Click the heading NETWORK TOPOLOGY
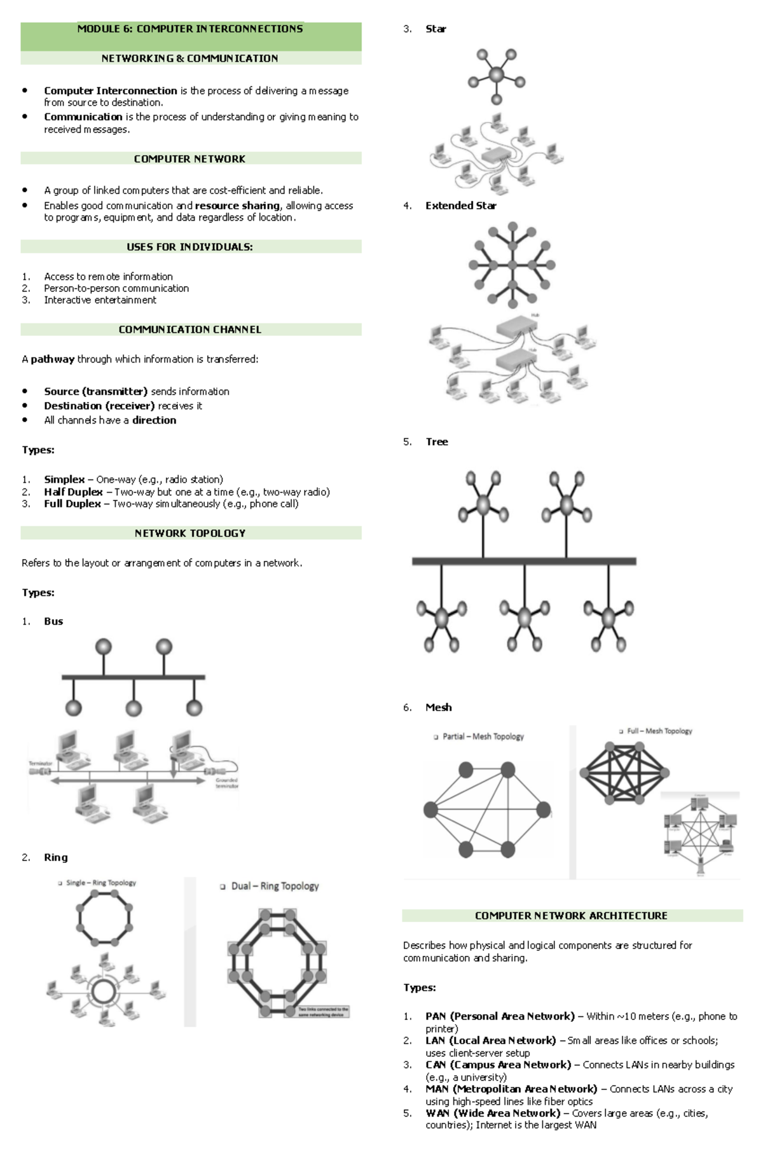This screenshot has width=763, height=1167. click(x=189, y=534)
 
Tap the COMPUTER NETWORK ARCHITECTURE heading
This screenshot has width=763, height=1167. click(x=571, y=916)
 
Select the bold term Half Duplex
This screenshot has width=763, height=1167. click(x=73, y=492)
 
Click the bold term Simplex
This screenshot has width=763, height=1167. click(x=64, y=480)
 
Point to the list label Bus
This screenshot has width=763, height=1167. click(x=53, y=621)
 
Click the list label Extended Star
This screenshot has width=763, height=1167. click(x=460, y=205)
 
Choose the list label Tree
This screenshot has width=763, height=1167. click(x=437, y=442)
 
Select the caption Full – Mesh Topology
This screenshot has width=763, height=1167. click(x=659, y=731)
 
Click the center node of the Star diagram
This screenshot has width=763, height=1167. click(x=496, y=75)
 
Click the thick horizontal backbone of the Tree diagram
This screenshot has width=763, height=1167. click(x=524, y=561)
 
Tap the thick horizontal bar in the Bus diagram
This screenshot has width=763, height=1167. click(x=133, y=677)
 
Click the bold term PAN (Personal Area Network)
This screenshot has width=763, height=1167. click(x=500, y=1016)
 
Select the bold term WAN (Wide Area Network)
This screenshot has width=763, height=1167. click(x=493, y=1113)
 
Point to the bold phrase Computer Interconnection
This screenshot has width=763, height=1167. click(x=111, y=91)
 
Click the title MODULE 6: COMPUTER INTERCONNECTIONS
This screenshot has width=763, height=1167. click(x=189, y=29)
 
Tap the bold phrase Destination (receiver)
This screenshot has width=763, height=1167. click(x=99, y=406)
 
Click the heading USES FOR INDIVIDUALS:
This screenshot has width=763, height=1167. click(x=189, y=247)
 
